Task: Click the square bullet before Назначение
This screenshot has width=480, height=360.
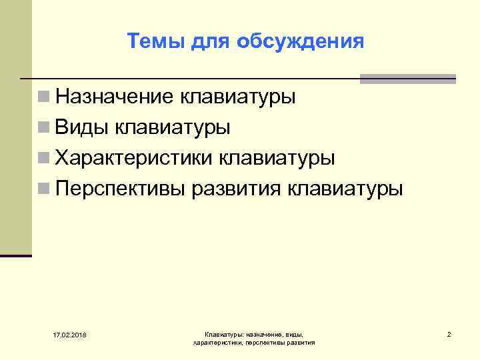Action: coord(43,97)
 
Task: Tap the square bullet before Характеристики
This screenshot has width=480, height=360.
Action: coord(43,158)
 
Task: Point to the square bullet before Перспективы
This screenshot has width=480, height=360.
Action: coord(43,189)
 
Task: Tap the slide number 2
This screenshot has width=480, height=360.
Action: coord(449,333)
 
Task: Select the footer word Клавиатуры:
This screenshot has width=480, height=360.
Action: coord(225,333)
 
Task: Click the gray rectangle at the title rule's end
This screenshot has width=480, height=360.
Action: coord(407,79)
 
